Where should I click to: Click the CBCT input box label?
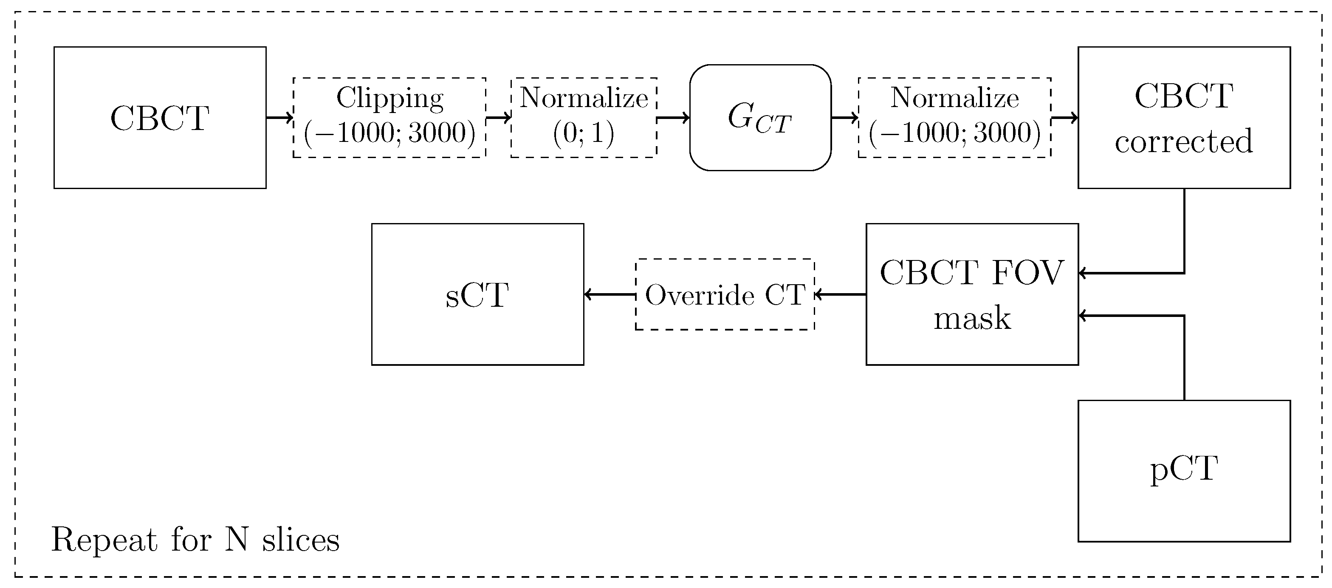click(159, 119)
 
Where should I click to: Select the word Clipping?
click(389, 98)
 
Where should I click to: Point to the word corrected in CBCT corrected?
click(1184, 141)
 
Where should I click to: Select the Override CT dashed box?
click(725, 295)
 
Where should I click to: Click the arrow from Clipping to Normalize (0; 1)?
click(498, 118)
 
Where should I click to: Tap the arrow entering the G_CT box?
click(673, 118)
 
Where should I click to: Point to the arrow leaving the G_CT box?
click(844, 118)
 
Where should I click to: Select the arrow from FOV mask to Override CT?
click(840, 295)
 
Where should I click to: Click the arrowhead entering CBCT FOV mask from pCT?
click(1083, 316)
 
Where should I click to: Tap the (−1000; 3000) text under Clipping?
click(389, 133)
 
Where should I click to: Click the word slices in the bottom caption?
click(300, 540)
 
